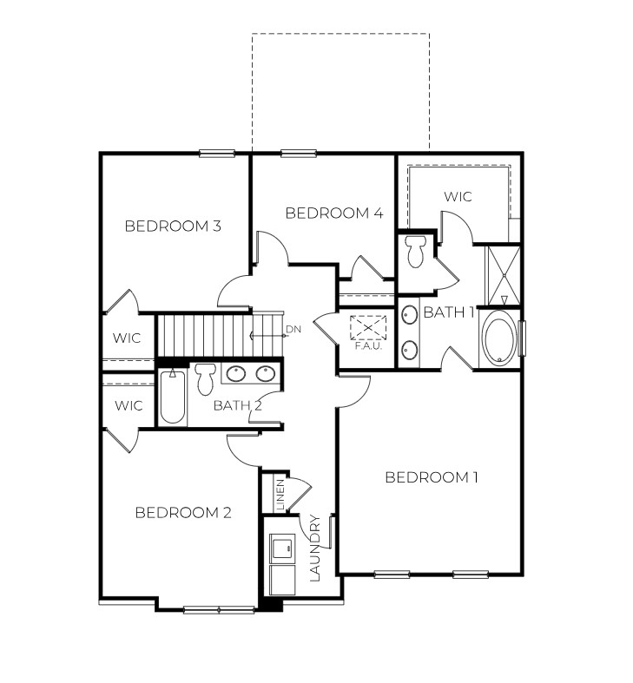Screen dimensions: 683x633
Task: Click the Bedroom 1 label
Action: click(432, 477)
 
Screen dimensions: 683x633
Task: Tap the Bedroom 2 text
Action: click(183, 513)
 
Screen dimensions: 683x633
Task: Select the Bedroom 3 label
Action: click(173, 227)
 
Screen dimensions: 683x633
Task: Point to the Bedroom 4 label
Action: click(334, 213)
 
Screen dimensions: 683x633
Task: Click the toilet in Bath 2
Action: click(206, 378)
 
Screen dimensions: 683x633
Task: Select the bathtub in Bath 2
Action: click(174, 397)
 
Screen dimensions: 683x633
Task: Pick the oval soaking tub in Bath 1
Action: click(498, 338)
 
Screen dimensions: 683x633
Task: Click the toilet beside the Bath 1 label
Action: click(416, 251)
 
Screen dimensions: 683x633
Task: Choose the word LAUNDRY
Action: click(315, 548)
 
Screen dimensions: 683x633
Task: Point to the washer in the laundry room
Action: click(281, 548)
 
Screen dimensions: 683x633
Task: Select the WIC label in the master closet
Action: click(458, 197)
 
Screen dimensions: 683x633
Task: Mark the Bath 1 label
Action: click(449, 313)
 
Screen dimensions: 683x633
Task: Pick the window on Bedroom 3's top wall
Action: click(217, 154)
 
